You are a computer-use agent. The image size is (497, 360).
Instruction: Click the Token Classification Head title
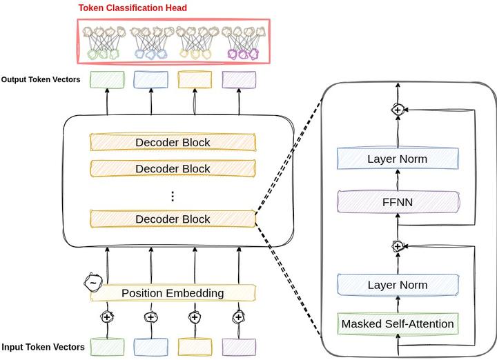[133, 8]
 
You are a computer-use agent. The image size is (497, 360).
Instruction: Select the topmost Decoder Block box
[173, 143]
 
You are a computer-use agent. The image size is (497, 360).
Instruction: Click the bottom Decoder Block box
[173, 219]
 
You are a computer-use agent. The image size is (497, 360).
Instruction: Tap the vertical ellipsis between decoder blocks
[173, 195]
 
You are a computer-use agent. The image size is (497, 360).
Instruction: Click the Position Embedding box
[173, 293]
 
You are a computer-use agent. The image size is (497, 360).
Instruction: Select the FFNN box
[398, 203]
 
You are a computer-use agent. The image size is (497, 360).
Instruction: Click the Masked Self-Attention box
[398, 323]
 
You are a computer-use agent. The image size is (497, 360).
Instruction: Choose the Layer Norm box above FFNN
[398, 159]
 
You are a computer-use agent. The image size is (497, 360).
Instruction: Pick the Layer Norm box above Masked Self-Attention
[398, 285]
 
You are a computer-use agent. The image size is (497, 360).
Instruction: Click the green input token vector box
[107, 346]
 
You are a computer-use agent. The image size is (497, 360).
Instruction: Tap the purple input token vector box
[239, 346]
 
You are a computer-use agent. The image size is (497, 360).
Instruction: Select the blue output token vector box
[150, 79]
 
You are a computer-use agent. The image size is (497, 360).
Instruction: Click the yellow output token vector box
[195, 79]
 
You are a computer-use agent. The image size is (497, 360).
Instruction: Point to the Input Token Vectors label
[43, 347]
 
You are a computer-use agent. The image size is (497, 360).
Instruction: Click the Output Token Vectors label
[41, 79]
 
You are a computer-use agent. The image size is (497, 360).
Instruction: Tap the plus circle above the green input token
[107, 317]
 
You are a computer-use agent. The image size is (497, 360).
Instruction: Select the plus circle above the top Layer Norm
[398, 109]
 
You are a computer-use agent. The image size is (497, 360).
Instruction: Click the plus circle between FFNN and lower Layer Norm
[398, 245]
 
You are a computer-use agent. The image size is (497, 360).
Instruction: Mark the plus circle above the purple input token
[239, 317]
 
